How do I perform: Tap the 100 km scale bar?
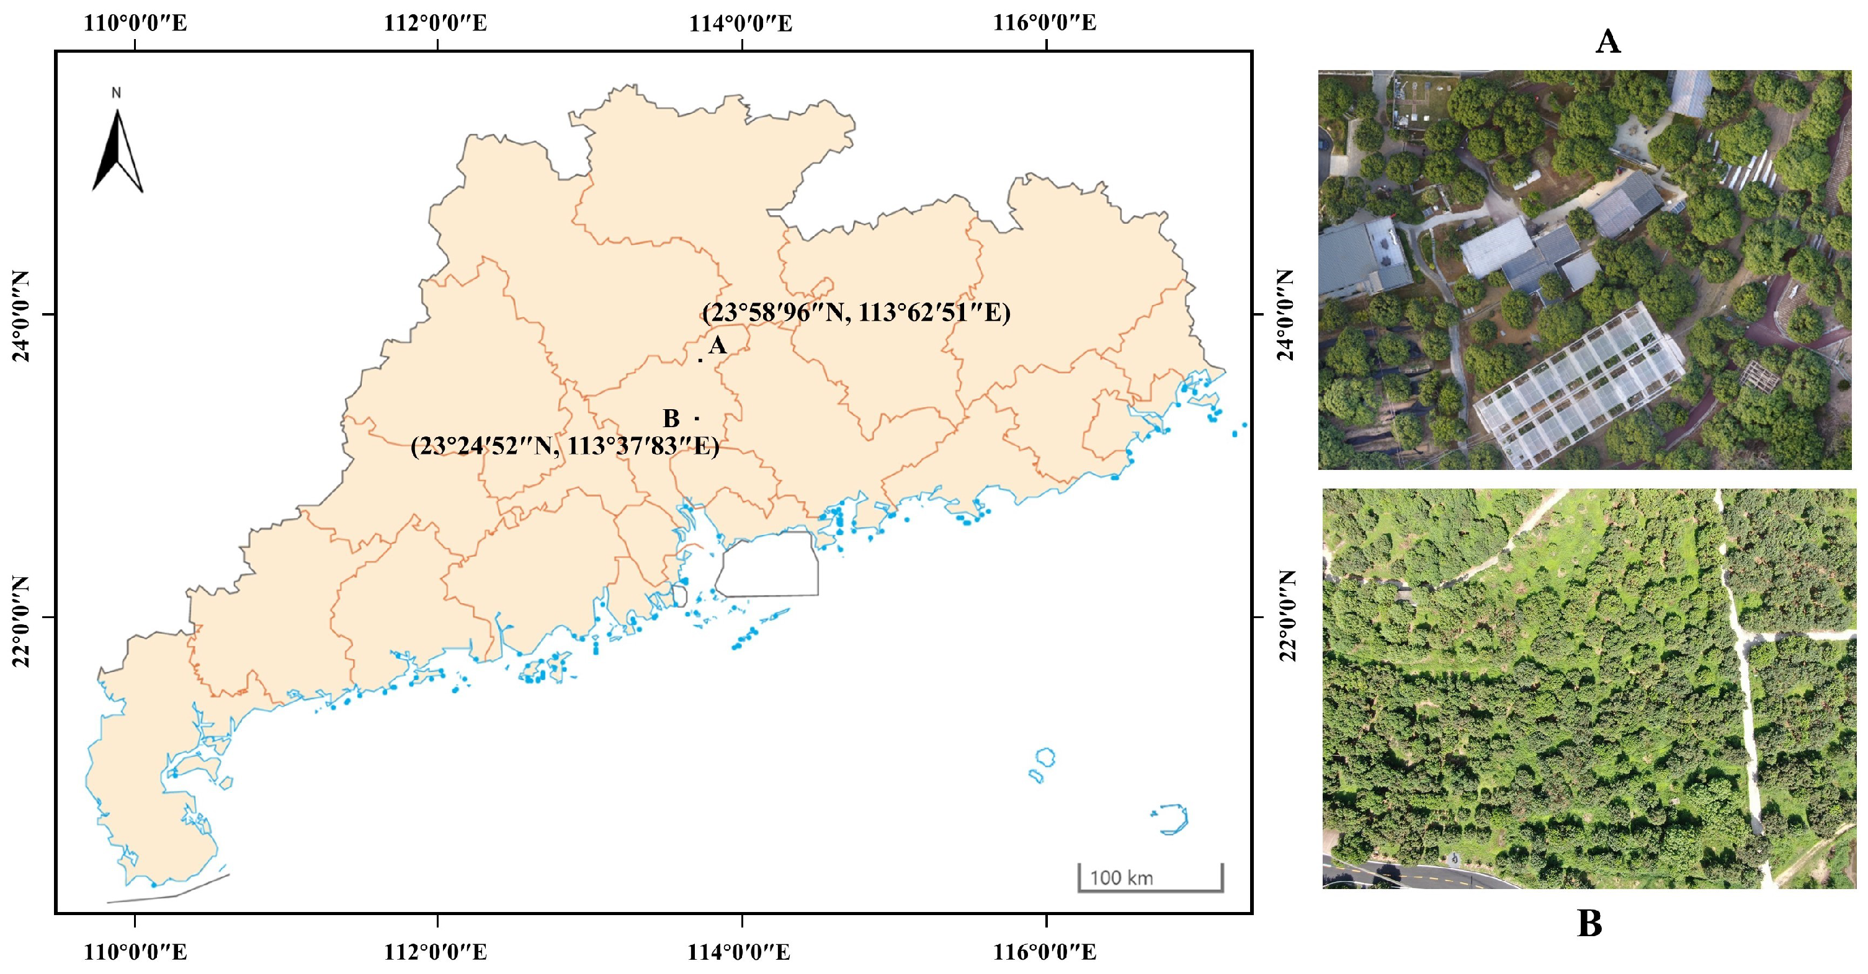coord(1150,879)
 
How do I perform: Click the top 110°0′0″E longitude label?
coord(136,23)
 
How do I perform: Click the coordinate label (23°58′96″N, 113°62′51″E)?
coord(856,312)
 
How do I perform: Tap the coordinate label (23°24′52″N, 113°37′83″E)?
coord(565,446)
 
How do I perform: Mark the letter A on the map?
coord(717,345)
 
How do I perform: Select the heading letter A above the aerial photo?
coord(1607,42)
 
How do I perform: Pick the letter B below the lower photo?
coord(1589,924)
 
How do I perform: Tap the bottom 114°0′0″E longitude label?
coord(739,952)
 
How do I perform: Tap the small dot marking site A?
coord(700,360)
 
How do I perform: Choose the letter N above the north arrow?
coord(116,93)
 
